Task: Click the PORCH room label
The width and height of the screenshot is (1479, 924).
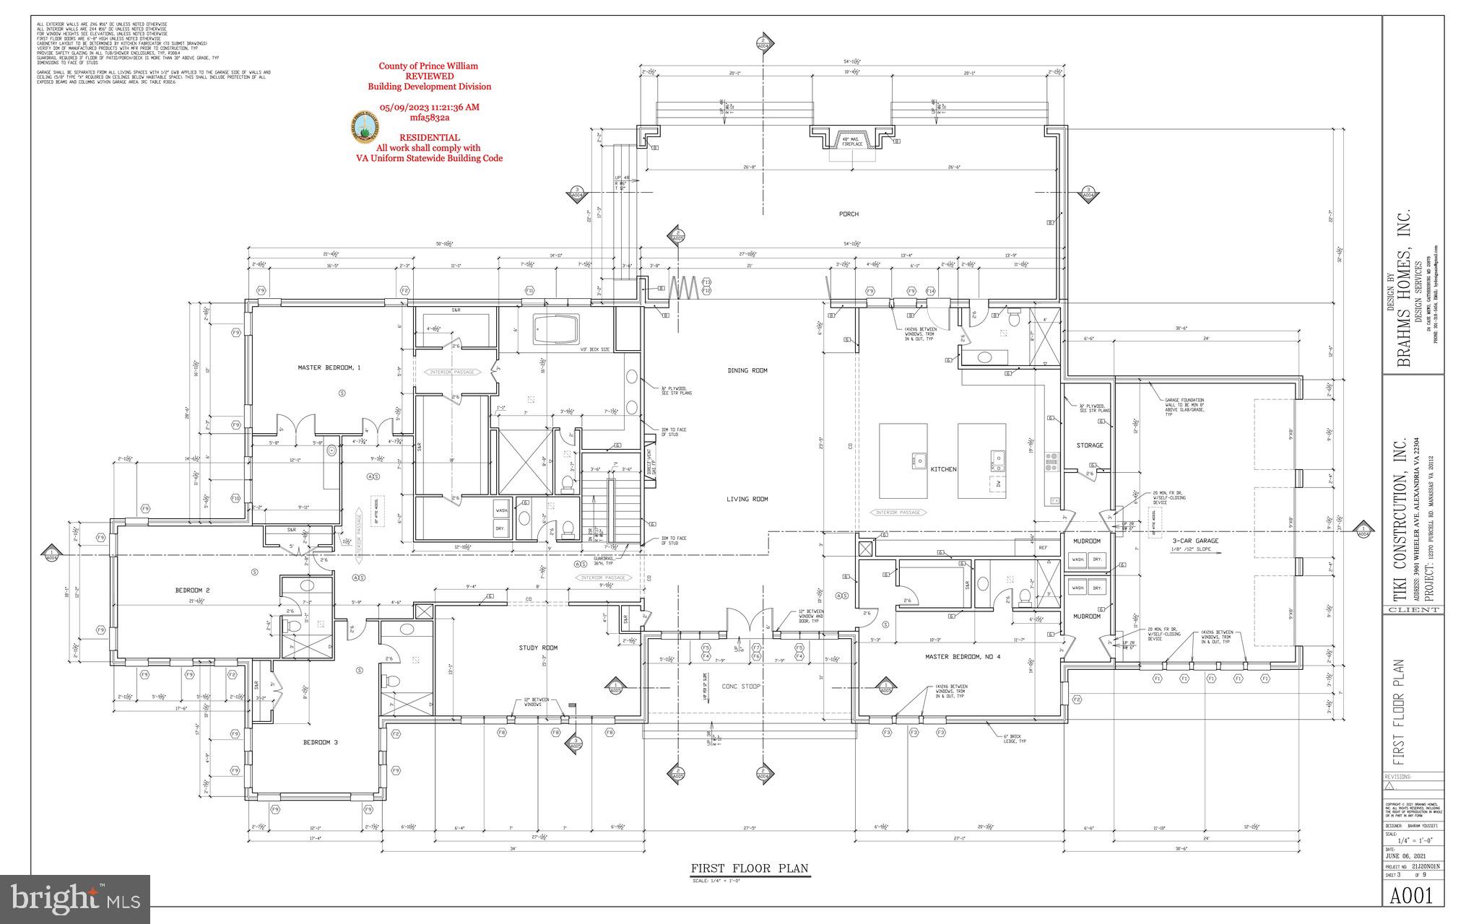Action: pos(849,214)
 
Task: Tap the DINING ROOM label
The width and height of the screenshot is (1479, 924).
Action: pos(747,370)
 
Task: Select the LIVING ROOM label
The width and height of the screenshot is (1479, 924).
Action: pos(747,499)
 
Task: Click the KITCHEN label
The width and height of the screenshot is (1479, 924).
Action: pos(943,469)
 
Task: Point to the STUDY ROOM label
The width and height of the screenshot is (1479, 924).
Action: pos(538,648)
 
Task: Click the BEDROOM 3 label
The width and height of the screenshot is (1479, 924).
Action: pos(316,742)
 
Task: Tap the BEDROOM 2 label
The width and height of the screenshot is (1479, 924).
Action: pos(193,590)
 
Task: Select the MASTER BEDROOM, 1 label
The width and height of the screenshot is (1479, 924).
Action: pos(329,367)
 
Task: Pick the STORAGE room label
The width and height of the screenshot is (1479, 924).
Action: pos(1090,445)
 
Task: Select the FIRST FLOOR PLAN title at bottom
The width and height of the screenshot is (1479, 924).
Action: pos(750,868)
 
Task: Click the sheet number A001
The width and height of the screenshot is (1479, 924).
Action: pos(1412,895)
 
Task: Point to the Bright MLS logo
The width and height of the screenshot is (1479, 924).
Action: pos(75,899)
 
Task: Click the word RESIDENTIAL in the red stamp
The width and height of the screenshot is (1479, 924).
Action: pos(429,137)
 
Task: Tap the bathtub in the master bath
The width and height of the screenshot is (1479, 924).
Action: pos(556,328)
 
